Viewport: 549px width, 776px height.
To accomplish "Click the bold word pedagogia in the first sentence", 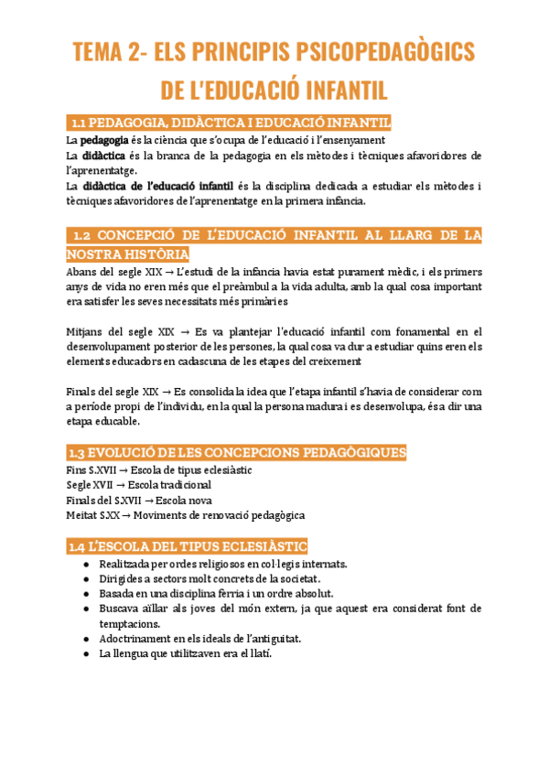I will coord(104,141).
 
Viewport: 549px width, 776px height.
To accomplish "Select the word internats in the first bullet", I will coord(331,564).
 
